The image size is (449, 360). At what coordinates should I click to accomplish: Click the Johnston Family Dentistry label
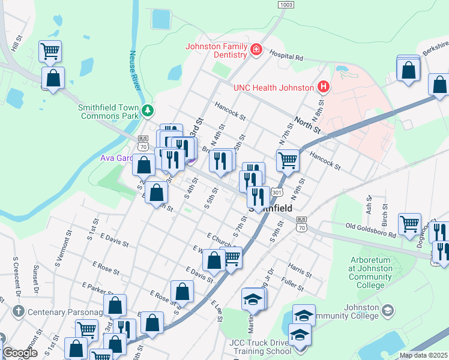point(216,50)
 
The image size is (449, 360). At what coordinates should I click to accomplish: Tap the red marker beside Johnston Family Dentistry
point(256,49)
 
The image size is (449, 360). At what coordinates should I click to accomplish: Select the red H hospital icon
point(324,88)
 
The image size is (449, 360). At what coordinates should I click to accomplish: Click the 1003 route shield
point(286,4)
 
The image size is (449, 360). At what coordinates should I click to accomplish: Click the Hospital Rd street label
point(286,57)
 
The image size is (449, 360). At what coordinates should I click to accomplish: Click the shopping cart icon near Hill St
point(50,50)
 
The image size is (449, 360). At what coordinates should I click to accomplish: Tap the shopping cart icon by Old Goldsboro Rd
point(409,224)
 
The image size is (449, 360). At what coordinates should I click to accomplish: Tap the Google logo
point(20,353)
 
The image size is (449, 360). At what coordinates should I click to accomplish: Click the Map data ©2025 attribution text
point(423,355)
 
